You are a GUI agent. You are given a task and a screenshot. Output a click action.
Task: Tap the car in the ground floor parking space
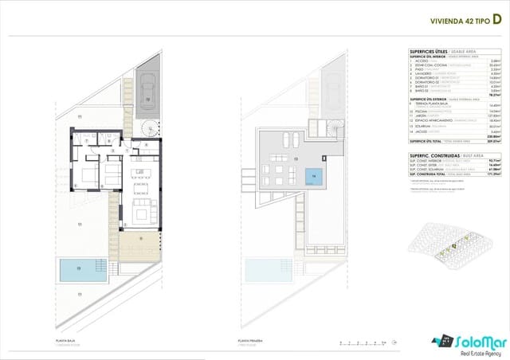(x=148, y=88)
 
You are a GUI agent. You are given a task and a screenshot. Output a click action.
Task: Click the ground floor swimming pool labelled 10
(x=78, y=270)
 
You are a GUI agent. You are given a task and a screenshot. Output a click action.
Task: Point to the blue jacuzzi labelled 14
(x=315, y=176)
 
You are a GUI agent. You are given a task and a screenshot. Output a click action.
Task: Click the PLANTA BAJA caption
(x=66, y=339)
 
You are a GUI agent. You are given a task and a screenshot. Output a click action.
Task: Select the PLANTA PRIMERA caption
(x=249, y=339)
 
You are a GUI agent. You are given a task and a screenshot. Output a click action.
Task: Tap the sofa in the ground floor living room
(x=142, y=211)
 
